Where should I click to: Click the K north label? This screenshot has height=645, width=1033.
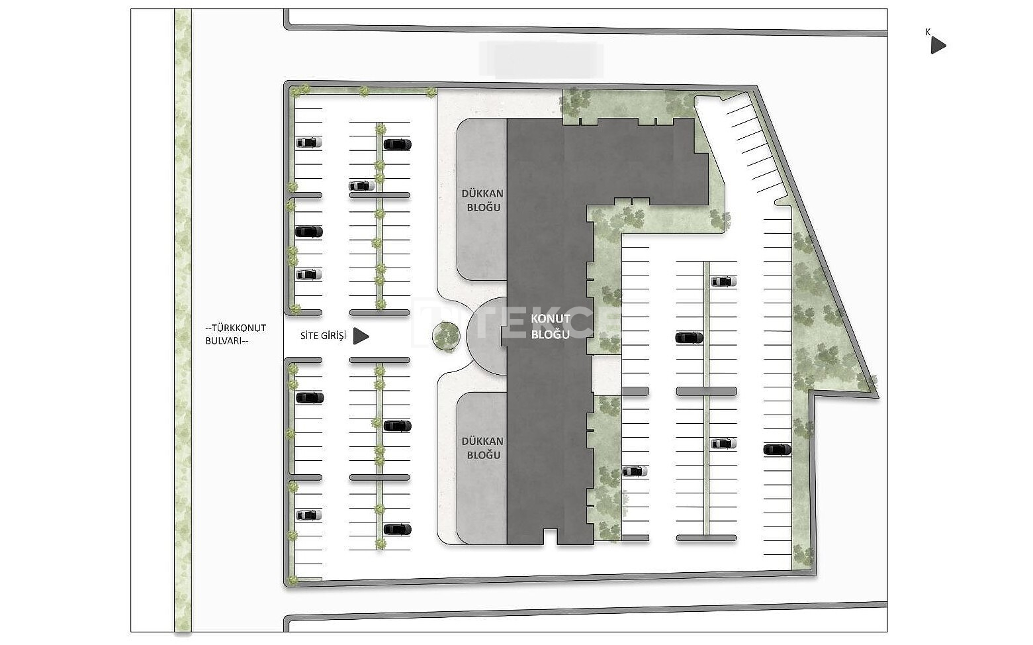coord(928,32)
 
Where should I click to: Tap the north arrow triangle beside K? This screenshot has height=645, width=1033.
coord(938,45)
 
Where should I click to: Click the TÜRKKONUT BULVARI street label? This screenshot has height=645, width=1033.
coord(236,334)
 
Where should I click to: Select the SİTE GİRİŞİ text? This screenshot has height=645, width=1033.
coord(324,336)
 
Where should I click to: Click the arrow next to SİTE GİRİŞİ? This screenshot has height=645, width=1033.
coord(361,336)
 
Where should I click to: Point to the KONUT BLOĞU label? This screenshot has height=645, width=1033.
coord(551,326)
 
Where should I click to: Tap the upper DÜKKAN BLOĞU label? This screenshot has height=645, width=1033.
coord(483,200)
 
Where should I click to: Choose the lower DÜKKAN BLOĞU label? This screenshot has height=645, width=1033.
coord(483,448)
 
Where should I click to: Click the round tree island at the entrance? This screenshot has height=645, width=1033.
coord(446,336)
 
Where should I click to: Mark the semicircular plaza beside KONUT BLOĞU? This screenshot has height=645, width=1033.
coord(484,336)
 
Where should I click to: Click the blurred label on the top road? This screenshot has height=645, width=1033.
coord(541,60)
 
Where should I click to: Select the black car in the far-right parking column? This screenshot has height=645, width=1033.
coord(777,450)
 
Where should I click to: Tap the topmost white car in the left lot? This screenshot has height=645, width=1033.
coord(308,142)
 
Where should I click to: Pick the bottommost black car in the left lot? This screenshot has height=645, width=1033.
coord(397,529)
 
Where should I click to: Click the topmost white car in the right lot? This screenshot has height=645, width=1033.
coord(723,281)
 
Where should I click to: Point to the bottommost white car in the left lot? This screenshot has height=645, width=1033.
coord(308,515)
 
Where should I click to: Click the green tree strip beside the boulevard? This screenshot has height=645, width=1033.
coord(183,321)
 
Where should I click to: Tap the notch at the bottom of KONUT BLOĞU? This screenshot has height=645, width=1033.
coord(550,537)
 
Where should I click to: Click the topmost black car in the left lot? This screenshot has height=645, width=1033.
coord(397,144)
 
